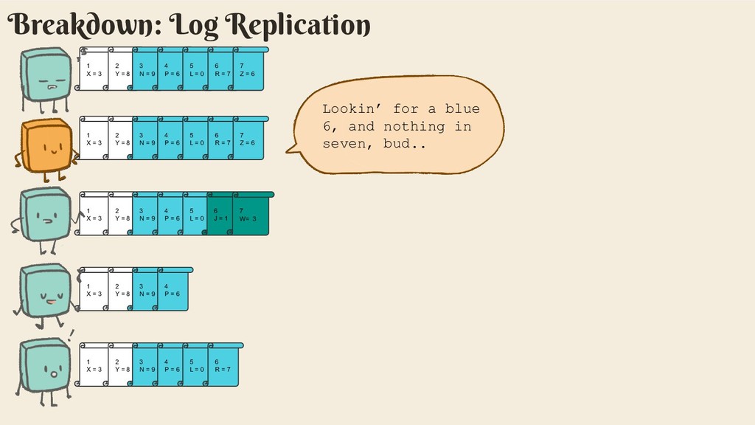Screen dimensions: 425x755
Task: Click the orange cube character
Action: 46,146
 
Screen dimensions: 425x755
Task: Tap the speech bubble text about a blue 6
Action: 400,126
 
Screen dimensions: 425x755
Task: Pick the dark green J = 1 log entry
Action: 220,215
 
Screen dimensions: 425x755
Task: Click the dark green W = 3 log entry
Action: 249,215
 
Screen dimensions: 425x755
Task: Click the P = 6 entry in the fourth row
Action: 173,290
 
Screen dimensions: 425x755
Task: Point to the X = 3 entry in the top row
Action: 94,70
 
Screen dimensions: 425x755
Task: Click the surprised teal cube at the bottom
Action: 46,365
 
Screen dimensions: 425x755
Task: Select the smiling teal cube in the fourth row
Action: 46,290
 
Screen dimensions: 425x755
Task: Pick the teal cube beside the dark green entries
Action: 46,215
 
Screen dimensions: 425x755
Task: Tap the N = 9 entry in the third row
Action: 146,215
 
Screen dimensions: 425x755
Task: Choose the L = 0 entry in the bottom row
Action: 196,365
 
